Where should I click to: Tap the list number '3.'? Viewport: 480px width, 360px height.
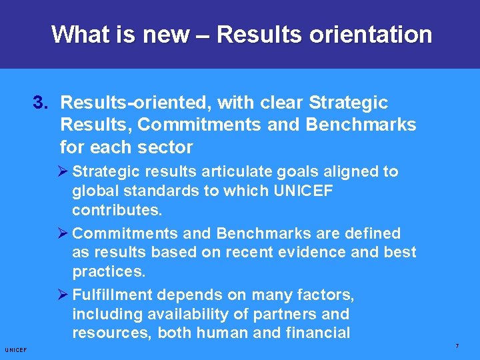(42, 103)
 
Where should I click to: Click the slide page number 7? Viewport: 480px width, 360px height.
(457, 346)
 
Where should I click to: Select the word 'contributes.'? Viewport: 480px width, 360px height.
(117, 210)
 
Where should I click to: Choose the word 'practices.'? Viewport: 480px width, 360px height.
(109, 271)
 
